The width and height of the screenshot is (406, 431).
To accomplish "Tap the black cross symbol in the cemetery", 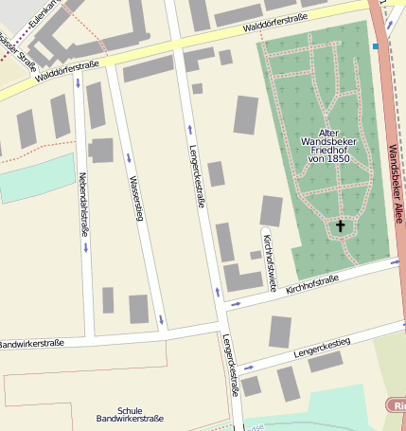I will click(340, 225).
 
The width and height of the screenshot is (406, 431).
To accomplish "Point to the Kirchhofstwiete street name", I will click(269, 260).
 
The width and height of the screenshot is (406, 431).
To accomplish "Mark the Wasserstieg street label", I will click(136, 198).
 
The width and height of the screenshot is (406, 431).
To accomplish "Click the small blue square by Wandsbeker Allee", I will click(376, 45).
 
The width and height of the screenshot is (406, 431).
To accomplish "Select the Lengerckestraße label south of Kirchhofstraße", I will click(230, 365).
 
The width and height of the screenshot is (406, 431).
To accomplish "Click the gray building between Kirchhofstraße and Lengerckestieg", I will click(280, 332).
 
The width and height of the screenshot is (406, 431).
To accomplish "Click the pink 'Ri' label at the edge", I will click(397, 405).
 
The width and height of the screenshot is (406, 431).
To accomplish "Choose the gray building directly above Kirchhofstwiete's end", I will click(271, 210).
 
